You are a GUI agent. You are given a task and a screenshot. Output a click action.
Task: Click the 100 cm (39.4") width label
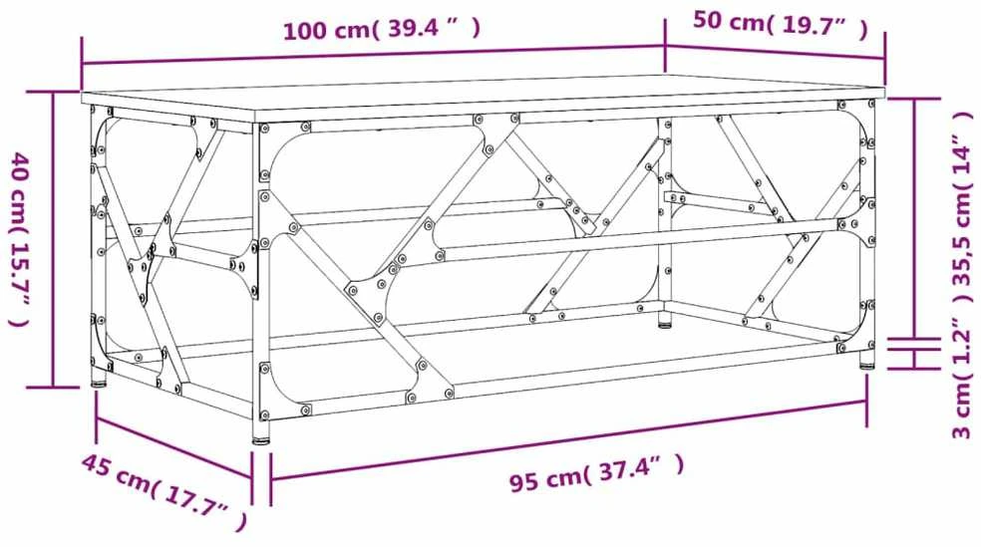click(382, 29)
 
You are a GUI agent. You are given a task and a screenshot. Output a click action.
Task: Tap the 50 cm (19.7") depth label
click(781, 24)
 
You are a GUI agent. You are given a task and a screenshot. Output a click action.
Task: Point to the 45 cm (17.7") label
click(163, 492)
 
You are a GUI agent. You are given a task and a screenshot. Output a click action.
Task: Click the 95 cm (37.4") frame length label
click(596, 474)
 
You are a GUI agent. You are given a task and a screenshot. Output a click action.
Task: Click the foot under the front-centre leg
click(261, 440)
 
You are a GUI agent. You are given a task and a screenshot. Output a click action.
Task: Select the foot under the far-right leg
click(866, 364)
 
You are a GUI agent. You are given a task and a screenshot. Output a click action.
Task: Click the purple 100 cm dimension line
click(373, 55)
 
